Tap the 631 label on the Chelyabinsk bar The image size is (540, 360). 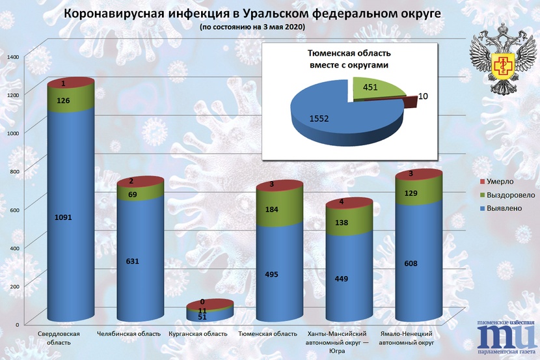(133, 261)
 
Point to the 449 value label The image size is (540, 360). (342, 279)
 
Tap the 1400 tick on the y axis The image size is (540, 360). (13, 57)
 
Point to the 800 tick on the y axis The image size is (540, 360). (14, 171)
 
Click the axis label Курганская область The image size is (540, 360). (198, 334)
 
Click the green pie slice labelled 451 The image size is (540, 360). (373, 90)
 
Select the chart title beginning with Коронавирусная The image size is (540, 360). (252, 14)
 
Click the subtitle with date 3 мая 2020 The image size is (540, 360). (252, 29)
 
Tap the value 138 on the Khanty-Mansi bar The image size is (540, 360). (342, 223)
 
